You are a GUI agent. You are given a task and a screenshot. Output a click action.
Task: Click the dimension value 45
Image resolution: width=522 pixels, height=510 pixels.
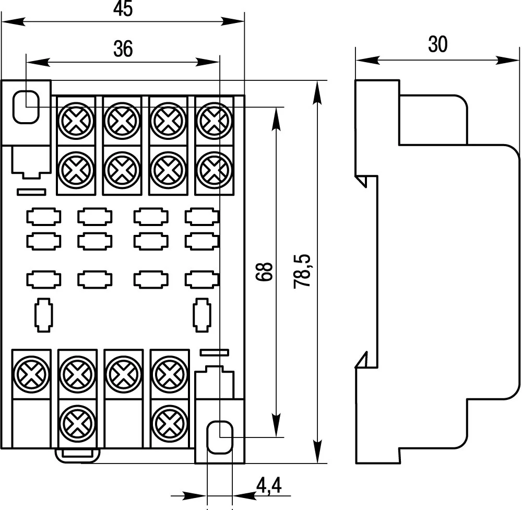123,10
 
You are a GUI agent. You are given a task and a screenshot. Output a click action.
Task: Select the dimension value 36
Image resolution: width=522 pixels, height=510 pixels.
123,49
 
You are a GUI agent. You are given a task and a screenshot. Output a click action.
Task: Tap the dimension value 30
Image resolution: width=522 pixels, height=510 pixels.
438,45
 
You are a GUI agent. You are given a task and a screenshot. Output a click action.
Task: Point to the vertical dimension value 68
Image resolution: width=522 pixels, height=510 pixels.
266,272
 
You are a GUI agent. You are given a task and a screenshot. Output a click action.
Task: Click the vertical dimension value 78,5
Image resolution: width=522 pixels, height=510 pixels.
302,271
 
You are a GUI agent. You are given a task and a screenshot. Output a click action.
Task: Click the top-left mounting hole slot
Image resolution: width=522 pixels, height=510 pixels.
26,107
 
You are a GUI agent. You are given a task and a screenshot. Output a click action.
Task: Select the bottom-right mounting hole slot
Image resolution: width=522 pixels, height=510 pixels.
220,437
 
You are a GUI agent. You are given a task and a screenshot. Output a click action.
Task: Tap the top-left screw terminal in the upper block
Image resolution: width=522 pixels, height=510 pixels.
76,121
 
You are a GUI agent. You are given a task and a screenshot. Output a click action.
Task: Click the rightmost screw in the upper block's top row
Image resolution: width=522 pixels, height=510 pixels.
214,121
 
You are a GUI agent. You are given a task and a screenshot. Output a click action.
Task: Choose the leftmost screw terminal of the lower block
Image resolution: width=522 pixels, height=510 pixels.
31,374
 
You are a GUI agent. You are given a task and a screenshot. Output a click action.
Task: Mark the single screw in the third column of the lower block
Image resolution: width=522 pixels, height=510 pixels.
123,374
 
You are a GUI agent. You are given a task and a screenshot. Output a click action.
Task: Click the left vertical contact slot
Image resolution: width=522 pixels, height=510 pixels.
43,315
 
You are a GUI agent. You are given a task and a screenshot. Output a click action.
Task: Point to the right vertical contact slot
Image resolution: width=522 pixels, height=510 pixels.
202,315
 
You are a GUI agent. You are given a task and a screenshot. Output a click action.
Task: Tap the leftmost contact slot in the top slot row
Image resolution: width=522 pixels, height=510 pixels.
44,216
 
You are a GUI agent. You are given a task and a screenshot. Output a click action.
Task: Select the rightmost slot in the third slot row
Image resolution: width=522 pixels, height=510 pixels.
202,280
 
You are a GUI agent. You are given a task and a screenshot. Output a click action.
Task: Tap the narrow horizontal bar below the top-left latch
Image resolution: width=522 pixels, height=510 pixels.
31,192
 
